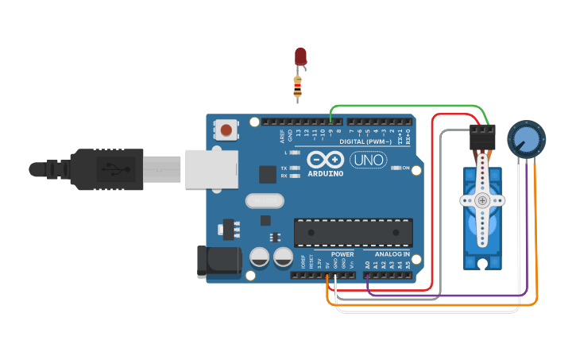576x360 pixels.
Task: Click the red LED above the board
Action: point(300,56)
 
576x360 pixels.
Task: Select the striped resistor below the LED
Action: point(298,87)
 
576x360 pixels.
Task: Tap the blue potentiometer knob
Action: point(524,138)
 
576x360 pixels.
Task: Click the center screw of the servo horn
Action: point(482,201)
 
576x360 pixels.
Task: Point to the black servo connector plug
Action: point(481,137)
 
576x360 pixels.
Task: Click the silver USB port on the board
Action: point(211,168)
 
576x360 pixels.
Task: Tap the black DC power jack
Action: point(218,261)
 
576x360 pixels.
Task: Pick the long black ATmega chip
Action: point(354,231)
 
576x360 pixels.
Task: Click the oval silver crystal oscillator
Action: point(265,201)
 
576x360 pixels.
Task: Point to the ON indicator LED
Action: point(396,168)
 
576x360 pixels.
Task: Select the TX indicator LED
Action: point(296,168)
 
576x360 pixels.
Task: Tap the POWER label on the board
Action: point(342,254)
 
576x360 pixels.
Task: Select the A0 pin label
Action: point(367,263)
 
